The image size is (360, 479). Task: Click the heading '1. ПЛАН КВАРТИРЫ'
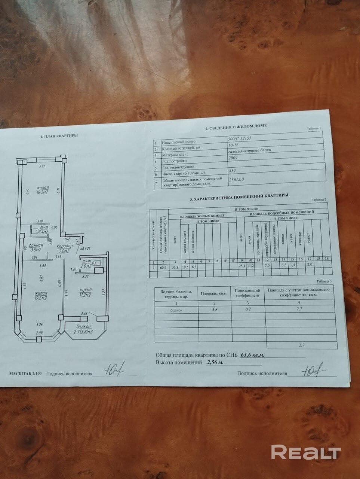(x=59, y=136)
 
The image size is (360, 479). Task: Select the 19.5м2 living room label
(x=41, y=296)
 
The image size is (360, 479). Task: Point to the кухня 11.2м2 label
(x=86, y=292)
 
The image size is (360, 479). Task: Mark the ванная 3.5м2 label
(x=37, y=247)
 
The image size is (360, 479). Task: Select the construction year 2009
(x=233, y=158)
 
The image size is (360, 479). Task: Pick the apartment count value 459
(x=233, y=172)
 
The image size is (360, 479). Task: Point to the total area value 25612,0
(x=236, y=180)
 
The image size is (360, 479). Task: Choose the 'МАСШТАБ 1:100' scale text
(x=26, y=373)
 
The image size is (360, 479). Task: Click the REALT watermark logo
(x=305, y=452)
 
